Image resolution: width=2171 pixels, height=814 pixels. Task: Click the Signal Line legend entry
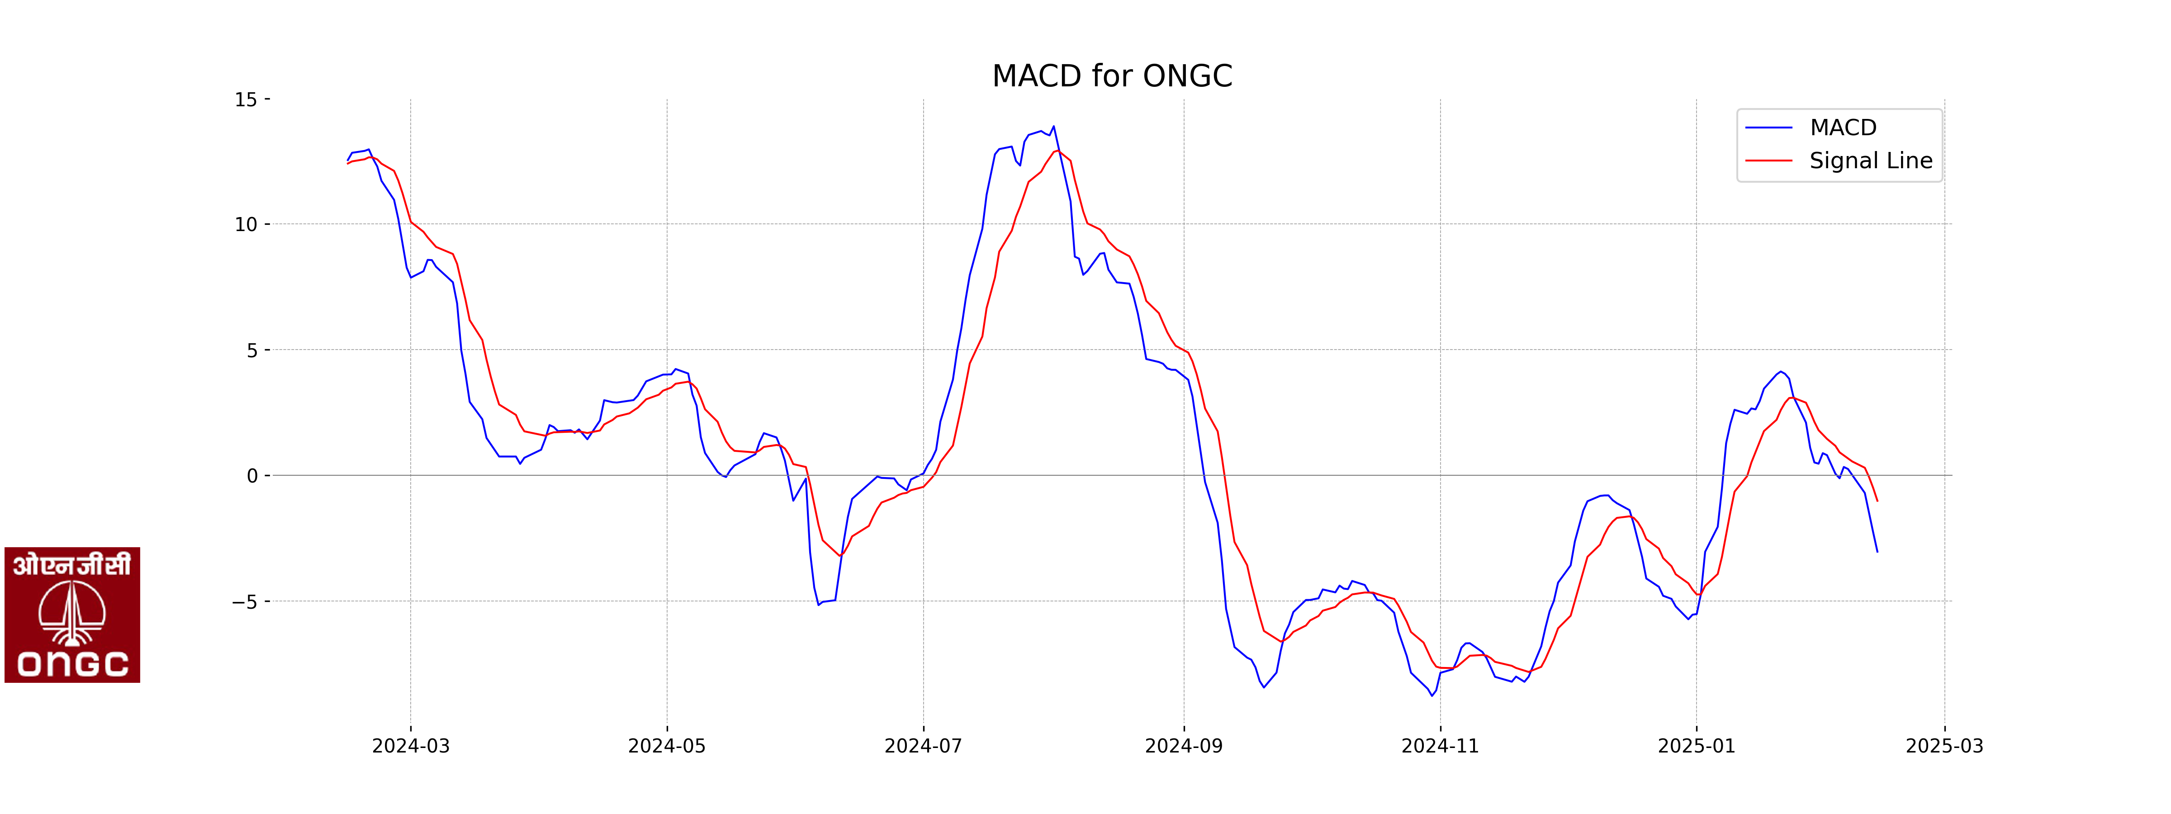(x=1870, y=161)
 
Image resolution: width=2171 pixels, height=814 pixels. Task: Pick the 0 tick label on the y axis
(x=252, y=476)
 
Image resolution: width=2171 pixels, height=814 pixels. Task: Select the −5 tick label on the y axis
(x=244, y=601)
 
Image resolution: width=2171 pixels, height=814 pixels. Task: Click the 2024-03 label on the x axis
(x=411, y=746)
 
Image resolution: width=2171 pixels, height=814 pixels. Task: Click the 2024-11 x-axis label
(x=1440, y=746)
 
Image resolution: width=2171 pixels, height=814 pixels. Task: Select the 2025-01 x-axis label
(x=1697, y=746)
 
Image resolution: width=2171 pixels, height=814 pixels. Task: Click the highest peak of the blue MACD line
(x=1053, y=127)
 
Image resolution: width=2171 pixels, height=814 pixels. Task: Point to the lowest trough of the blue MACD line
(x=1432, y=695)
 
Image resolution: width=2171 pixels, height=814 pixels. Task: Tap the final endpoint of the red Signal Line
(x=1877, y=502)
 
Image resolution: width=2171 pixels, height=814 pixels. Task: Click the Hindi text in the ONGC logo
(x=71, y=564)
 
